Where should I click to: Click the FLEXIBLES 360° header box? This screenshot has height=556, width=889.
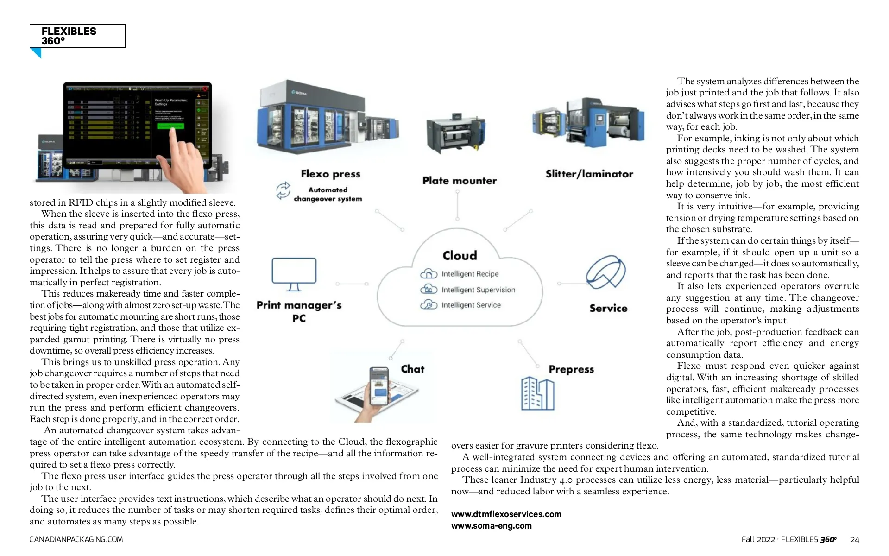[77, 36]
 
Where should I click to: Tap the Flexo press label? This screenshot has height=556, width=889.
[330, 174]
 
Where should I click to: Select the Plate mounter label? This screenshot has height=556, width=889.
[459, 181]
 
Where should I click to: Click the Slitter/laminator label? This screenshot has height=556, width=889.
[589, 174]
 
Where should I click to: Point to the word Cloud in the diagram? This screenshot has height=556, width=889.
[460, 256]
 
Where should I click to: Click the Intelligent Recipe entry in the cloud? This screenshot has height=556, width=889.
[469, 274]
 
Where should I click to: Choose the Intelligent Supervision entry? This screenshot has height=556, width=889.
[478, 290]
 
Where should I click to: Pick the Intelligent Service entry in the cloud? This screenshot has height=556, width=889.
[471, 305]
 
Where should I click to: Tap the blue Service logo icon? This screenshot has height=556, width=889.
[605, 272]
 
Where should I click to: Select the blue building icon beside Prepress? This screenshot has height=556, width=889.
[537, 393]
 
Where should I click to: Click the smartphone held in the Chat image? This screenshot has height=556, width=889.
[379, 386]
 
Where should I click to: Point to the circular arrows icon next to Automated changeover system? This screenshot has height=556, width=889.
[283, 190]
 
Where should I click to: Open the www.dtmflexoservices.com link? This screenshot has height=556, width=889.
[506, 514]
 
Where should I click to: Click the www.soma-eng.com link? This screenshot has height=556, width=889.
[491, 526]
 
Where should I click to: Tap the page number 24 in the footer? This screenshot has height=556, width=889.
[855, 540]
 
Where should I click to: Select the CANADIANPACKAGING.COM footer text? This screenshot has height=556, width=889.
[76, 540]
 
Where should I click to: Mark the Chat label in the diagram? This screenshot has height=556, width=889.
[412, 369]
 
